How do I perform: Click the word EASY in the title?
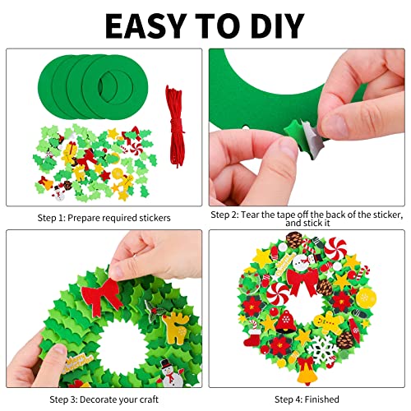point(146,25)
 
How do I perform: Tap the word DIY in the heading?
point(277,25)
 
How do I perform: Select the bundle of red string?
point(174,126)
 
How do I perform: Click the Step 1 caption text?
point(104,218)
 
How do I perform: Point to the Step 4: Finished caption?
point(307,399)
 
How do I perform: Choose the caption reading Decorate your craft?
point(119,399)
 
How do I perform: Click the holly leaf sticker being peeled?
point(304,137)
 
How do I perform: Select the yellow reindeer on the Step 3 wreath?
point(175,327)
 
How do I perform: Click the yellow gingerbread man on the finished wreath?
point(328,323)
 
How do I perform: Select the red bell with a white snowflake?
point(287,322)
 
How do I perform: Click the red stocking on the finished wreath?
point(252,338)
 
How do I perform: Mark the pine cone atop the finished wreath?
point(294,240)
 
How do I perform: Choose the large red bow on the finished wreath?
point(302,281)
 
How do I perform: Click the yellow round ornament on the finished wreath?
point(366,298)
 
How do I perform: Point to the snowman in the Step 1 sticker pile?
point(59,193)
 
